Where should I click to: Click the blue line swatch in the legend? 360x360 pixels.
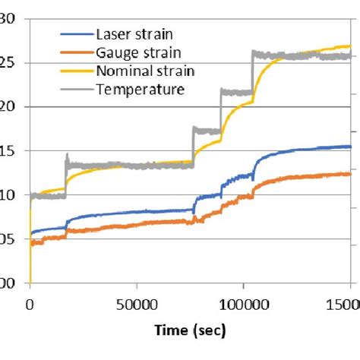[76, 34]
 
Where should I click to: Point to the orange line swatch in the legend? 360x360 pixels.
[76, 52]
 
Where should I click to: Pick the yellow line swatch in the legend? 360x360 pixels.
[76, 71]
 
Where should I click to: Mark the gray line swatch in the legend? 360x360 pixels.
[76, 90]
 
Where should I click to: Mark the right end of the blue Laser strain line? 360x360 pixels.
[350, 147]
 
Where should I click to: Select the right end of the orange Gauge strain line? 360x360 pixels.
[350, 173]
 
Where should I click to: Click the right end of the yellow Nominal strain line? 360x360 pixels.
[350, 46]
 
